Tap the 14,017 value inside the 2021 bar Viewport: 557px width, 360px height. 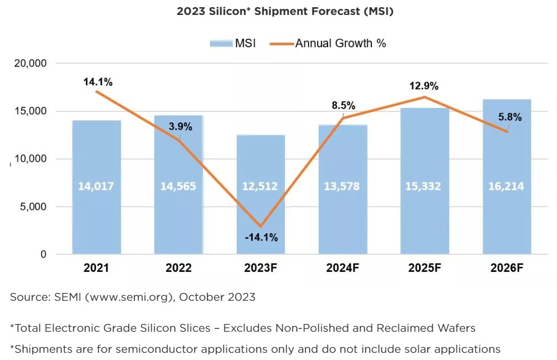[x=96, y=186]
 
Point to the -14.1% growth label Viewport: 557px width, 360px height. [x=260, y=238]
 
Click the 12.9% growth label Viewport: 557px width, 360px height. [x=424, y=86]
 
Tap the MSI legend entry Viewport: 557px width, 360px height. [x=233, y=43]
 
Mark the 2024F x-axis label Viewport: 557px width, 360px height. [x=343, y=269]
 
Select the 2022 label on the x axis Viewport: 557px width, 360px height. [x=178, y=269]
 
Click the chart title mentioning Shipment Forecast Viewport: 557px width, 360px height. [x=285, y=12]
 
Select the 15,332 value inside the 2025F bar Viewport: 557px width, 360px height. [x=424, y=186]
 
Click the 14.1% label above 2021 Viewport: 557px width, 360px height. [x=98, y=82]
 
